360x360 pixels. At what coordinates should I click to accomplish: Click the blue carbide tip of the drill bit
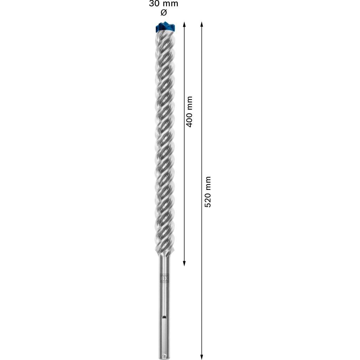point(165,27)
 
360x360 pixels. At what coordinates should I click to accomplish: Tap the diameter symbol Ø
point(163,13)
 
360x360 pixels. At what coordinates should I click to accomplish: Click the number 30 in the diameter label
point(154,4)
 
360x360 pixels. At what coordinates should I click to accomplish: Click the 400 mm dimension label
point(189,112)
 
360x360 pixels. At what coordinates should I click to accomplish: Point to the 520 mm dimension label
point(208,192)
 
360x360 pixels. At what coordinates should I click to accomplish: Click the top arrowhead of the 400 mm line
point(184,24)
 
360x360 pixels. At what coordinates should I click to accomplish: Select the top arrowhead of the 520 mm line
point(201,24)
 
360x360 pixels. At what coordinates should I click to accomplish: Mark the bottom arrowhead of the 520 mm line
point(201,357)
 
